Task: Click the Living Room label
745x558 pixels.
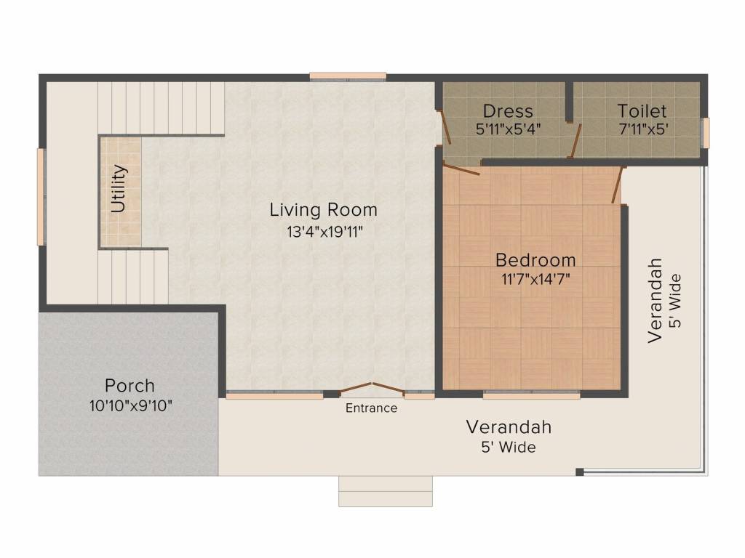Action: tap(323, 210)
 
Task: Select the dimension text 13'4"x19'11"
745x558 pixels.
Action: tap(324, 232)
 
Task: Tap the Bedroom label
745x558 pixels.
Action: tap(535, 259)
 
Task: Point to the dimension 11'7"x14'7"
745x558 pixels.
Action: tap(535, 279)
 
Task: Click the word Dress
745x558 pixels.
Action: tap(508, 111)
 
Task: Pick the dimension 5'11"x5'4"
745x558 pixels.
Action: tap(508, 129)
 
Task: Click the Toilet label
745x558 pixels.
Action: tap(642, 111)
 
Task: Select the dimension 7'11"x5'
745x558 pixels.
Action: tap(642, 129)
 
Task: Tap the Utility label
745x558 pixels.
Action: tap(119, 188)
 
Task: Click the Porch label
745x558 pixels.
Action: tap(130, 385)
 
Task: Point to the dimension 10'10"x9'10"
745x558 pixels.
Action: tap(130, 405)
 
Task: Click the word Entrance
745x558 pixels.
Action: tap(371, 408)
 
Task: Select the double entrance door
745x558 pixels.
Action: tap(372, 388)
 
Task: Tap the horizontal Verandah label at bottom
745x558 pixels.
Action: tap(509, 426)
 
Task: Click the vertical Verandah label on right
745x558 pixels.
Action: tap(656, 299)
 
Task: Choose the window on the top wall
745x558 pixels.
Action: tap(348, 76)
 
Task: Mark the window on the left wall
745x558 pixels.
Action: tap(41, 196)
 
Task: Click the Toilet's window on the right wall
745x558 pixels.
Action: tap(704, 133)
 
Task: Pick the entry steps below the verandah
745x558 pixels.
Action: tap(385, 491)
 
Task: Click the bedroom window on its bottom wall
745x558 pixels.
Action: tap(531, 396)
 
